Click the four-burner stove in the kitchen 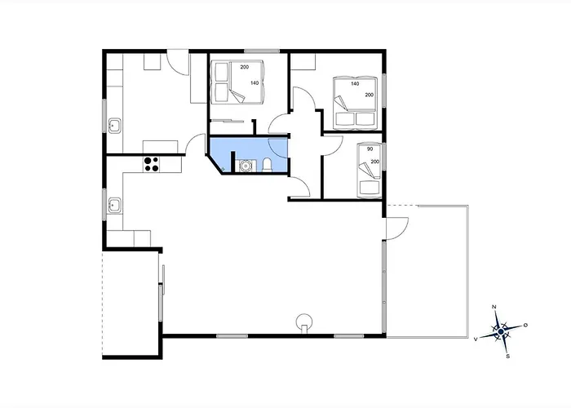pos(151,163)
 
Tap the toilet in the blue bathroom pos(267,166)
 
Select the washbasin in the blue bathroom pos(243,166)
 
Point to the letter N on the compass pos(494,307)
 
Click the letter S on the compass pos(508,356)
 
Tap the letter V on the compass pos(476,337)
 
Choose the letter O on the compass pos(525,326)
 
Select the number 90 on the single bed pos(370,149)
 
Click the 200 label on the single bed pos(375,162)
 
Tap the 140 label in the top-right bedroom pos(355,84)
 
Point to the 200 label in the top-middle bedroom pos(244,67)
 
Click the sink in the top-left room pos(115,125)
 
